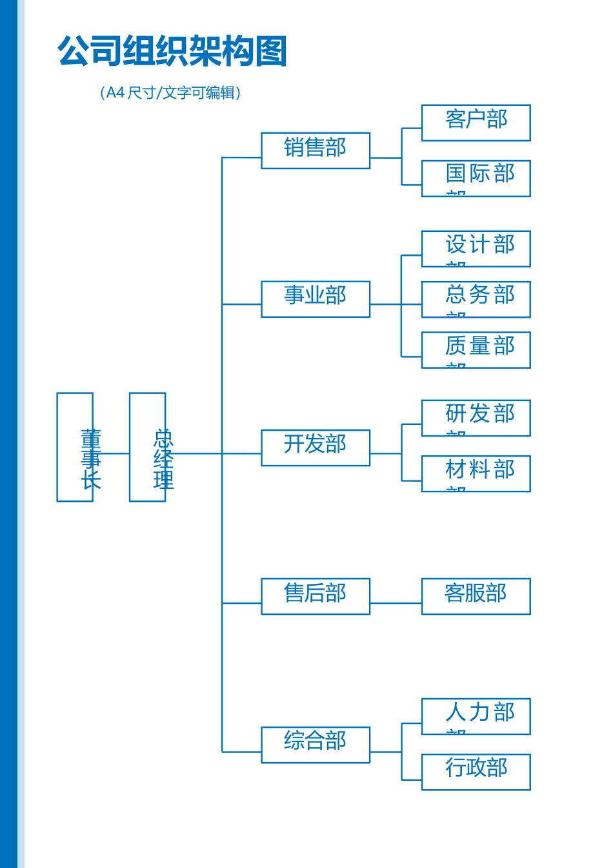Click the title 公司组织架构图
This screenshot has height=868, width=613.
pyautogui.click(x=172, y=51)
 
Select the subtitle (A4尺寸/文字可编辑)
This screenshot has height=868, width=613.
pyautogui.click(x=170, y=92)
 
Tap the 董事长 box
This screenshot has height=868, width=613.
pyautogui.click(x=75, y=447)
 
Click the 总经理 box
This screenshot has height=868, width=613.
pyautogui.click(x=147, y=447)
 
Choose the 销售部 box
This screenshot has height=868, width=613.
pyautogui.click(x=316, y=150)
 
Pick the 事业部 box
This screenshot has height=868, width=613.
pyautogui.click(x=316, y=299)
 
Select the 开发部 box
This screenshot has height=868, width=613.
pyautogui.click(x=316, y=448)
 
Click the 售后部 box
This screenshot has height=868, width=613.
pyautogui.click(x=316, y=596)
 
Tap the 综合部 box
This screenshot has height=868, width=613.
pyautogui.click(x=316, y=745)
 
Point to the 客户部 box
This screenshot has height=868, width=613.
pyautogui.click(x=476, y=123)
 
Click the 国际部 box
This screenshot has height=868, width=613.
pyautogui.click(x=476, y=178)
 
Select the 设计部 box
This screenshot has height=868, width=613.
pyautogui.click(x=476, y=249)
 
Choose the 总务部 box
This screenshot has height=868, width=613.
pyautogui.click(x=476, y=299)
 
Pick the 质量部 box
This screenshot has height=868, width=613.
pyautogui.click(x=476, y=350)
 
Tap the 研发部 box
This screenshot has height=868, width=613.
pyautogui.click(x=476, y=418)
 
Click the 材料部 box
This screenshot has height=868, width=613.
pyautogui.click(x=476, y=473)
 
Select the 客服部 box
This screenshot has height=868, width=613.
pyautogui.click(x=476, y=596)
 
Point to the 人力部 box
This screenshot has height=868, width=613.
pyautogui.click(x=476, y=716)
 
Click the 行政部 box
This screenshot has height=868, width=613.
pyautogui.click(x=476, y=772)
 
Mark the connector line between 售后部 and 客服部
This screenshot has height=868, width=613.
pyautogui.click(x=396, y=603)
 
